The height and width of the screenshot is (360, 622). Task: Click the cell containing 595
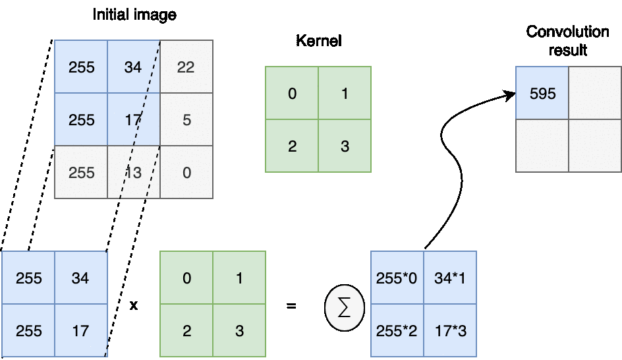point(542,93)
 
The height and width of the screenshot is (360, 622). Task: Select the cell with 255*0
point(397,278)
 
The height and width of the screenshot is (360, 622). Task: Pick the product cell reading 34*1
point(450,278)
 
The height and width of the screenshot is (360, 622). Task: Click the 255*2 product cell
point(397,330)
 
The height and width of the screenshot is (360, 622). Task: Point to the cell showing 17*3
point(450,330)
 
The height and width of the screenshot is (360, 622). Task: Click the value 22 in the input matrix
point(186,67)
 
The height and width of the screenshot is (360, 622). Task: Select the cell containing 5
point(186,120)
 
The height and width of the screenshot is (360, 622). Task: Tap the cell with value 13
point(133,173)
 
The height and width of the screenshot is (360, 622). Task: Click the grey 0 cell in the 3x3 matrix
point(186,173)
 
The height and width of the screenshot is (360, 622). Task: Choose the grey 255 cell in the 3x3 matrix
point(81,173)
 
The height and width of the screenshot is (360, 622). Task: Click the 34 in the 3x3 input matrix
point(133,67)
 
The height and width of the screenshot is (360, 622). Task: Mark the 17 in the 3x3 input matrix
point(133,120)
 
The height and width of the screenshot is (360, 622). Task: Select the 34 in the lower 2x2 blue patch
point(80,278)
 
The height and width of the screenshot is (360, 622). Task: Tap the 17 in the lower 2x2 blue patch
point(80,330)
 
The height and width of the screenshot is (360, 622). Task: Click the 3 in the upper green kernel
point(345,146)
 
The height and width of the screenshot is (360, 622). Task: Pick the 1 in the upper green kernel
point(345,93)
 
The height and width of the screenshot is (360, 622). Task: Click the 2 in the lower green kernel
point(186,330)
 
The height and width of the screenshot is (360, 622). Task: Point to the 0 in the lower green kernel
point(186,278)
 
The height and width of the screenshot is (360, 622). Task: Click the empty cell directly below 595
point(542,146)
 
